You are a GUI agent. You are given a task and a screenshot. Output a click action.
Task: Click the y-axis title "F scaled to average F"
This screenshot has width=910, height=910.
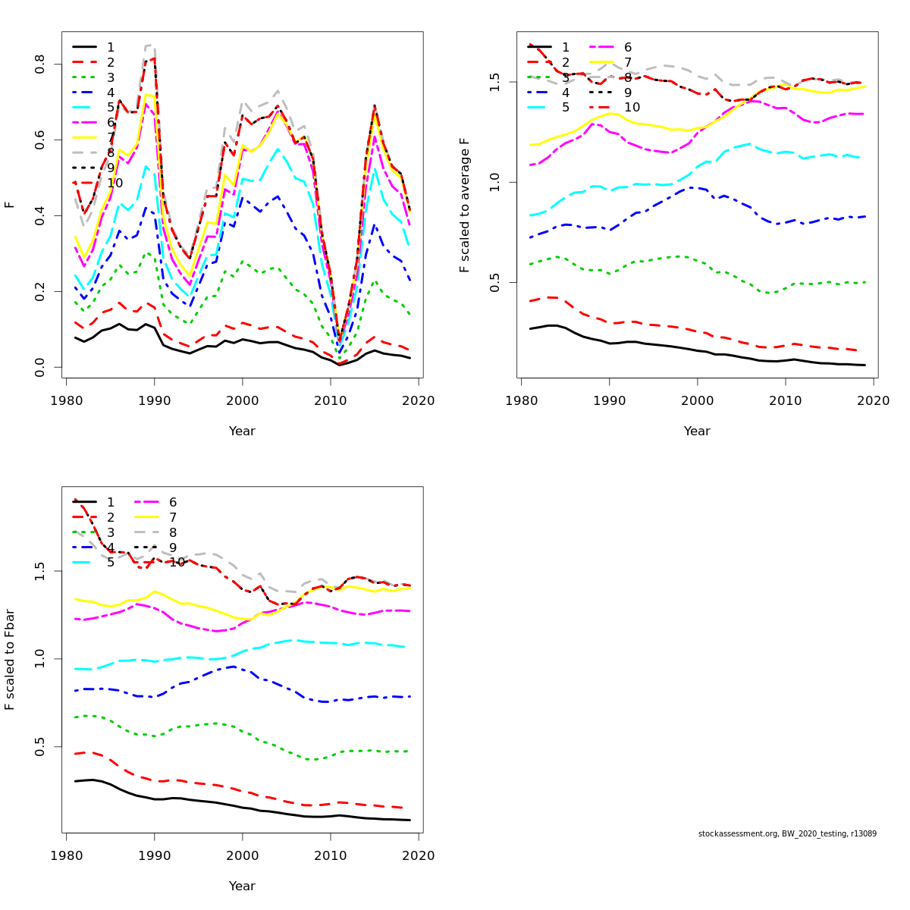[465, 205]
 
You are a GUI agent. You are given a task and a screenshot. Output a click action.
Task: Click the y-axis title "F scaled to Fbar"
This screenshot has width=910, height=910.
[10, 660]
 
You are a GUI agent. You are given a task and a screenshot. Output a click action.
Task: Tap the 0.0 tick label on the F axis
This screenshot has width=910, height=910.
[40, 367]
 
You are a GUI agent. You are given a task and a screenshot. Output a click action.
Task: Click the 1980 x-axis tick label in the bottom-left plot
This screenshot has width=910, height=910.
[67, 855]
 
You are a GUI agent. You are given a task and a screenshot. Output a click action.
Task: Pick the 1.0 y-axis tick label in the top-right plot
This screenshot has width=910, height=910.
[495, 182]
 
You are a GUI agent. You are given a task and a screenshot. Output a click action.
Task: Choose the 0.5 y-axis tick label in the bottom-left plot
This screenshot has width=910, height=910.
[40, 747]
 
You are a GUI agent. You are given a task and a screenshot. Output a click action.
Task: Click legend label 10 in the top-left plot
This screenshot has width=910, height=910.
[115, 183]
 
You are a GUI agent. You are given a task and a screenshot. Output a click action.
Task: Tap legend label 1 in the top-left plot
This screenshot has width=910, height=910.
[111, 47]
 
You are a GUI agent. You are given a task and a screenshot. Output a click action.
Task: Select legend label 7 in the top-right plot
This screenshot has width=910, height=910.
[628, 62]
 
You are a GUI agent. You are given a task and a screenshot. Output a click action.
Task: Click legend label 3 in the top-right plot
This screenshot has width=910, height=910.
[566, 77]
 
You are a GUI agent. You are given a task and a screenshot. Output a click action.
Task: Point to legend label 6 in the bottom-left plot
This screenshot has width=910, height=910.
[173, 502]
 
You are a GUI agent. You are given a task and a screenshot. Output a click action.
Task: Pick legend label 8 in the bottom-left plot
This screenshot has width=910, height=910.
[173, 532]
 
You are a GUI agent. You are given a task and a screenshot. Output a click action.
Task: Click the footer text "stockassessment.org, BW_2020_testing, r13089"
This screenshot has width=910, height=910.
[787, 834]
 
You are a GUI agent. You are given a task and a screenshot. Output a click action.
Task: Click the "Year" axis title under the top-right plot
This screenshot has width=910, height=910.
[697, 431]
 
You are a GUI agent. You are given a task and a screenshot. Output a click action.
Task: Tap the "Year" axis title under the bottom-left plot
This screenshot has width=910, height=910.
[242, 886]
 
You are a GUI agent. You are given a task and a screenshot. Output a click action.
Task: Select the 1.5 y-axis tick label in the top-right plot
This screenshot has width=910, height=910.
[495, 81]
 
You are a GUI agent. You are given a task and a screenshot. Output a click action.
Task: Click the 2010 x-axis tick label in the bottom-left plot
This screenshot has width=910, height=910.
[331, 855]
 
